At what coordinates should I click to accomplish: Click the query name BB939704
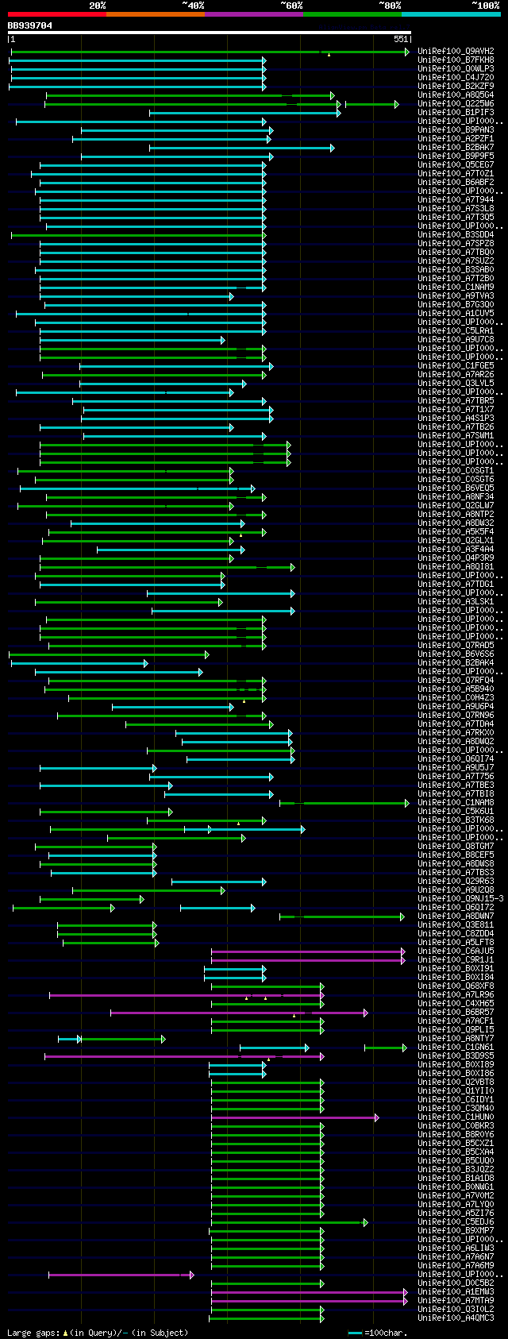(x=30, y=25)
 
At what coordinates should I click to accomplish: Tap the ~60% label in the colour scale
(x=291, y=6)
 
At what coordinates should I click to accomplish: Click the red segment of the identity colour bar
(x=56, y=14)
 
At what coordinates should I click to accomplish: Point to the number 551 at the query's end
(x=400, y=39)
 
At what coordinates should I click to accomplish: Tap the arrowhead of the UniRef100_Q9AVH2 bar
(x=407, y=52)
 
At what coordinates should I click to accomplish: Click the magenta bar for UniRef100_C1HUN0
(x=294, y=1117)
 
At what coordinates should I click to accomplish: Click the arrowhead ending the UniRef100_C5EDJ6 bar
(x=365, y=1222)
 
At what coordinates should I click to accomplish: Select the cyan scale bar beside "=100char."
(x=354, y=1333)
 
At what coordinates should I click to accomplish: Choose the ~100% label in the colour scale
(x=485, y=6)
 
